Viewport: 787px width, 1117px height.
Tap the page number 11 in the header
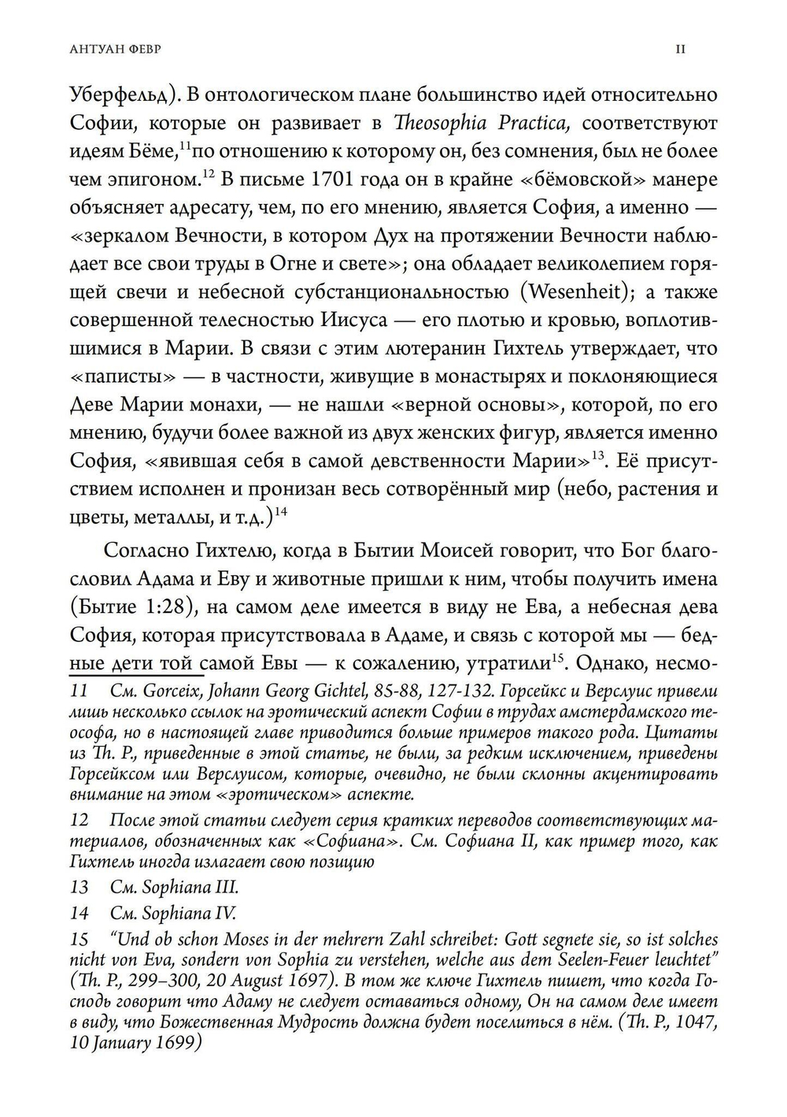pos(682,49)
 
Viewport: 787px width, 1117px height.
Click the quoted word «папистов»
pos(115,377)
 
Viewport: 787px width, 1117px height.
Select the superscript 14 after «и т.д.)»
pos(281,512)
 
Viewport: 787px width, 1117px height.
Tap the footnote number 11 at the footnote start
pos(79,692)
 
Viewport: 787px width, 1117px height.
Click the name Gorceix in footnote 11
pos(171,692)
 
